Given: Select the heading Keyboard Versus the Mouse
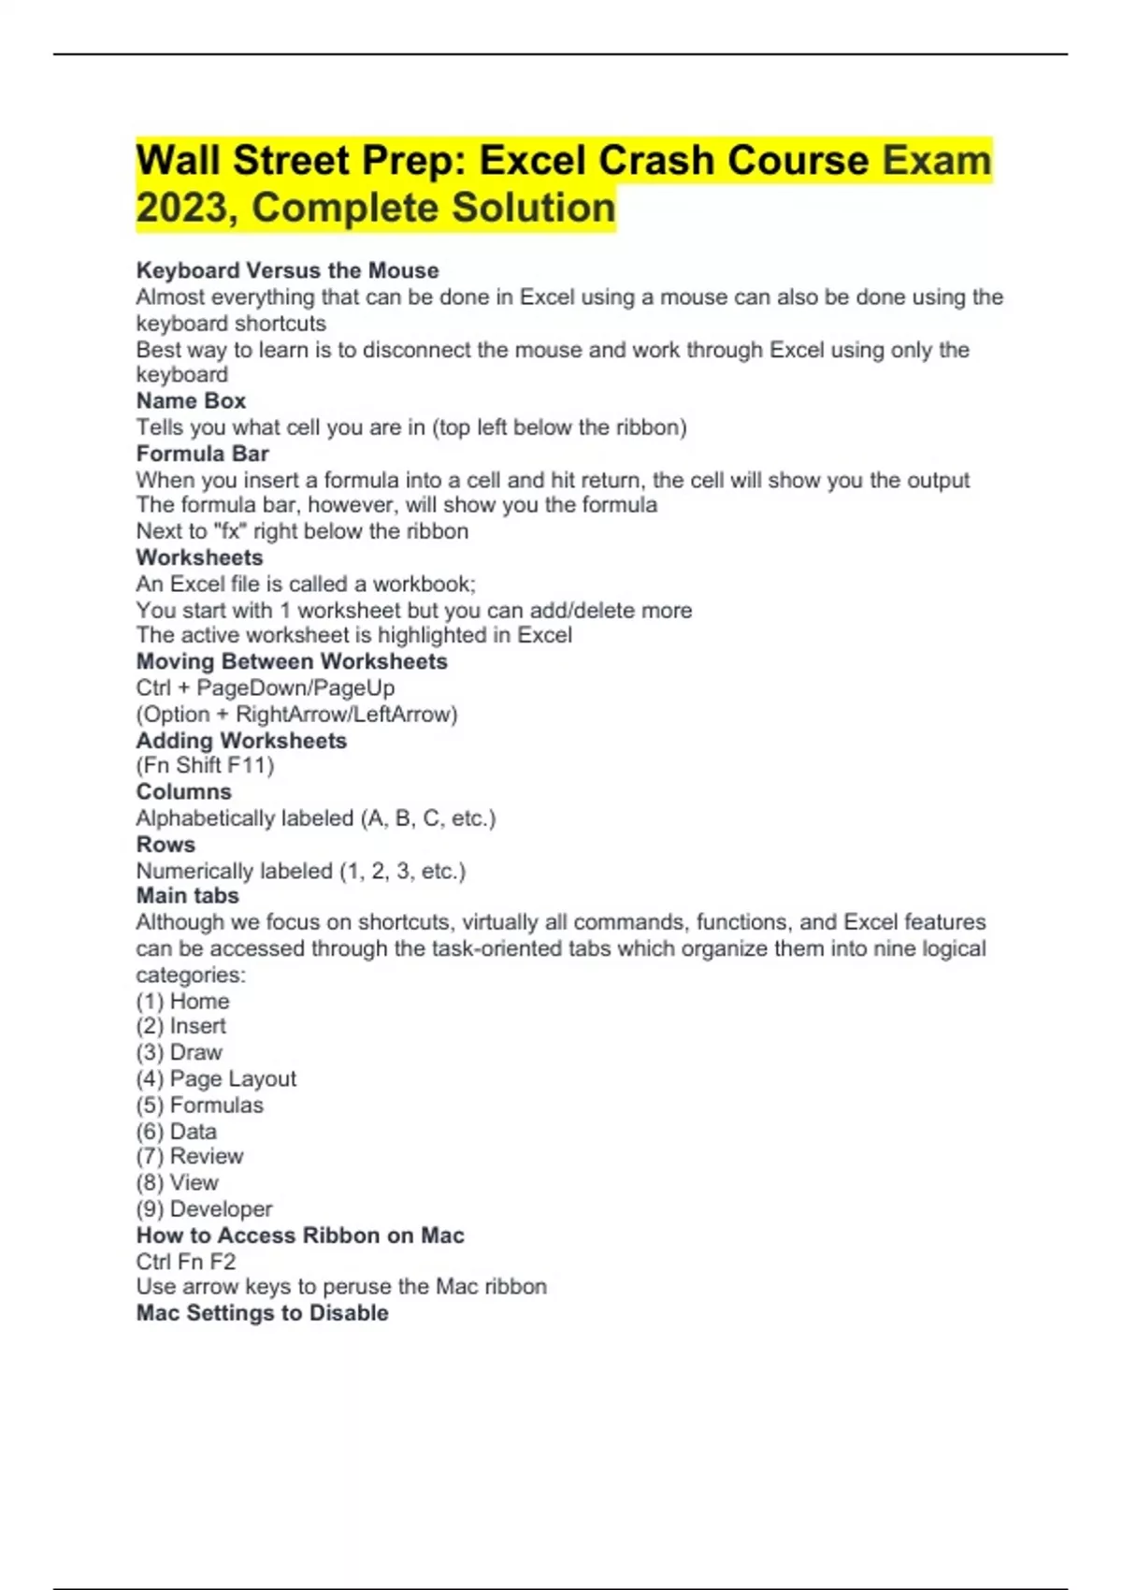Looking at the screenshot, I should (287, 270).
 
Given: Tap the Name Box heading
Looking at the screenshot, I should (191, 400).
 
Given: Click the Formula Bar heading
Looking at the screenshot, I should (202, 454).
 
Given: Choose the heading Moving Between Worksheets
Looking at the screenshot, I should (292, 661).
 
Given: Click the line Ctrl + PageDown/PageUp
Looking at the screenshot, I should (266, 687).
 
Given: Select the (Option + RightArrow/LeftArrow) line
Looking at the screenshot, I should (296, 714).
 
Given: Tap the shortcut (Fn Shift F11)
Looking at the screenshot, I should (205, 765).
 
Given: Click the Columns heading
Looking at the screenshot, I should (183, 791).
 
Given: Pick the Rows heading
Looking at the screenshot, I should (165, 844).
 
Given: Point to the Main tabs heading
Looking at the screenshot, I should (187, 895).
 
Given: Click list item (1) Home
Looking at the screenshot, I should (182, 1001).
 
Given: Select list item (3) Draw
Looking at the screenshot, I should (179, 1052).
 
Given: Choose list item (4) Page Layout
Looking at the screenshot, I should (216, 1078).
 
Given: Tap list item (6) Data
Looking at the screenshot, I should (176, 1131).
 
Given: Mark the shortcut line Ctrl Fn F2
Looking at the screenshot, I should (186, 1261).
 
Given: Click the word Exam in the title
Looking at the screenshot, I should (936, 160).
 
